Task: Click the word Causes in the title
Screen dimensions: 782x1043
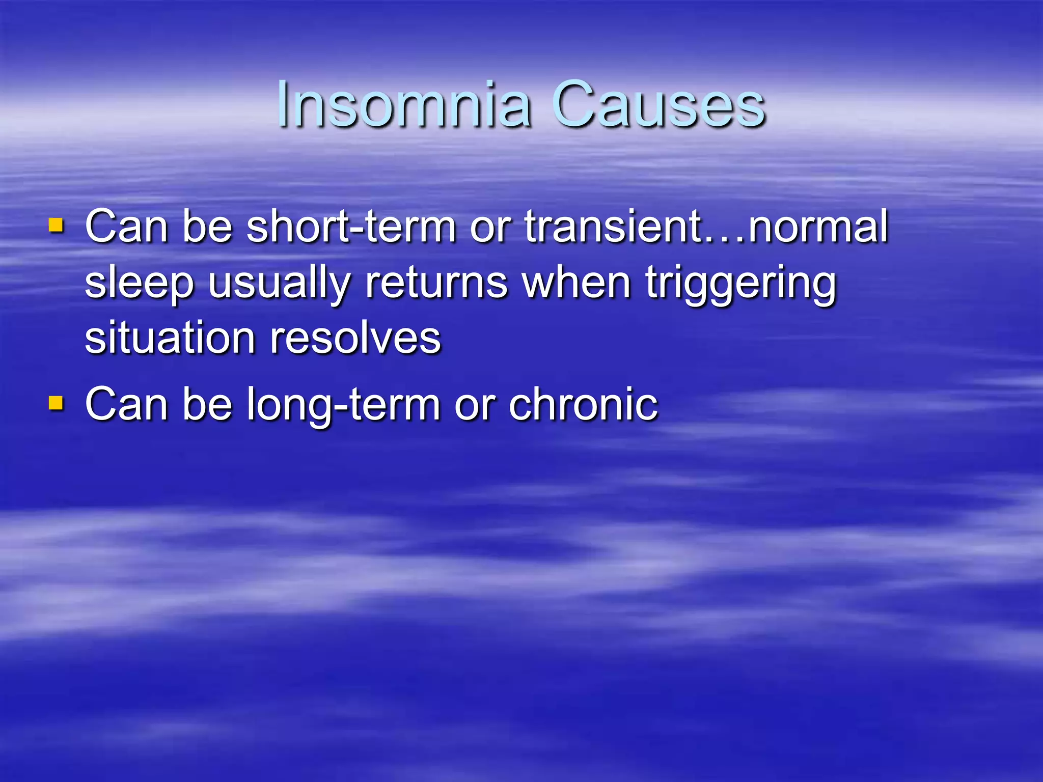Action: tap(659, 105)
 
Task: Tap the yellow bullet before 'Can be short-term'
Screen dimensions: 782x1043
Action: tap(56, 225)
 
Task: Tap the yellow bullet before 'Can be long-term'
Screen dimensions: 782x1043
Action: tap(56, 404)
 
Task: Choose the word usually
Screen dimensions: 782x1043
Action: tap(279, 283)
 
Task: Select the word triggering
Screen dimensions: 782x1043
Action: tap(741, 283)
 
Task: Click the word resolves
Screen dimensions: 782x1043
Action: tap(355, 338)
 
